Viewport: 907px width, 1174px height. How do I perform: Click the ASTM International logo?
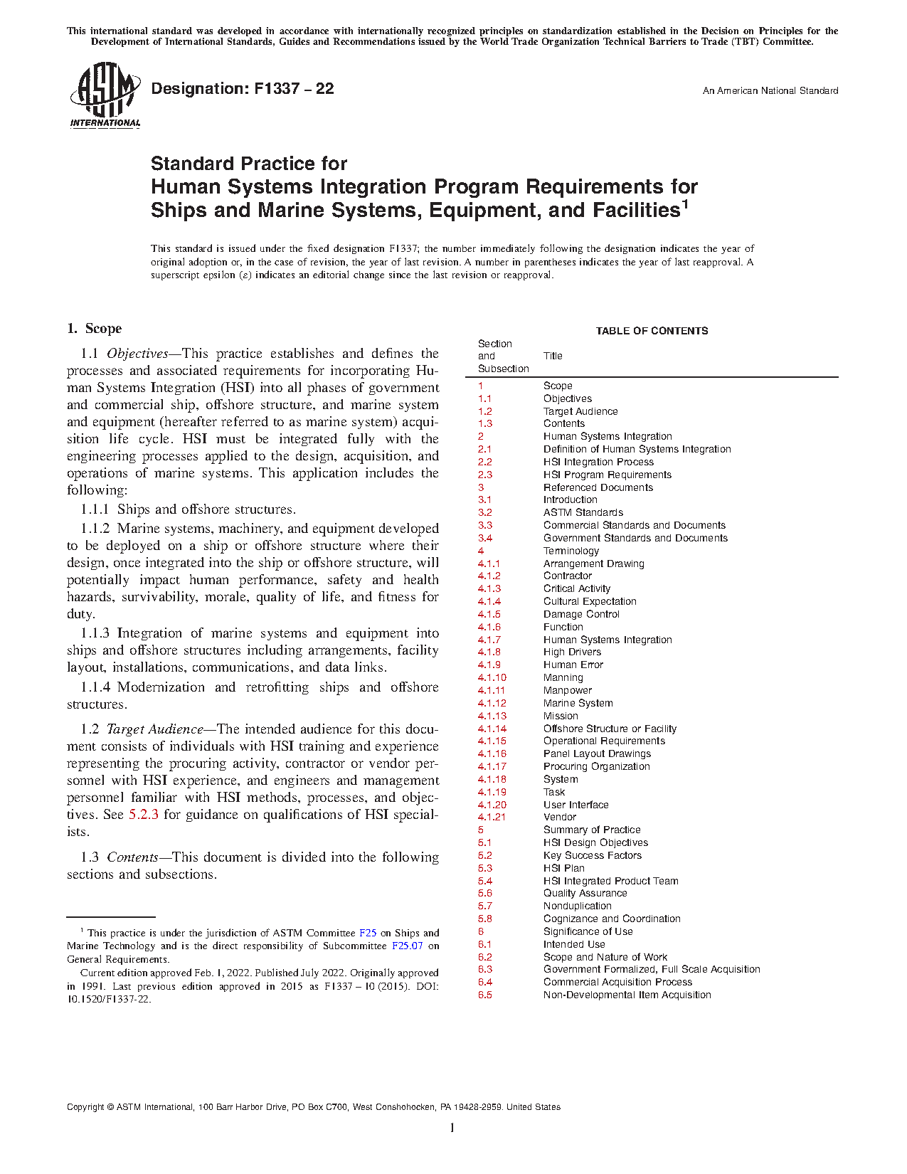(105, 95)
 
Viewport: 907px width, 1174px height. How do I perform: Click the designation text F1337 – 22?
(243, 89)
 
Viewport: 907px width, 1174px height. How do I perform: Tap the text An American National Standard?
(770, 91)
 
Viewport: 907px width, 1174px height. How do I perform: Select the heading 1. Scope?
(94, 329)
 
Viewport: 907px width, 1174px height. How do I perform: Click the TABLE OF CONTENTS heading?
(652, 331)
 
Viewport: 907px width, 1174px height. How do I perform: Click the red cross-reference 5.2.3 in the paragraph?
(143, 815)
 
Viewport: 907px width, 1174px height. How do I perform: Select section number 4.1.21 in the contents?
(492, 818)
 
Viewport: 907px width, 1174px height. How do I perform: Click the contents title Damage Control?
(581, 614)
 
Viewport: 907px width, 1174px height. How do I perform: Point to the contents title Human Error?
(573, 665)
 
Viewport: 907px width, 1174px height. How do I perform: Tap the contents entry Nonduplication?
(577, 906)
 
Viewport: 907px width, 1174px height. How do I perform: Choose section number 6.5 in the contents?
(484, 995)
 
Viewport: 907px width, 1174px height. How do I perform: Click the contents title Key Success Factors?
(592, 856)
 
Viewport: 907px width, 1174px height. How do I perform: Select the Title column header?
(553, 356)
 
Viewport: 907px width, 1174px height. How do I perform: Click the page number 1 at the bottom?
(452, 1128)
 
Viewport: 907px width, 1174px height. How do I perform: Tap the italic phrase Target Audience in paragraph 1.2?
(154, 729)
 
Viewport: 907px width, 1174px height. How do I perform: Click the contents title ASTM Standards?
(583, 512)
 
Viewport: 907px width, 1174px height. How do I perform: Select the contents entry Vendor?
(559, 818)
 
